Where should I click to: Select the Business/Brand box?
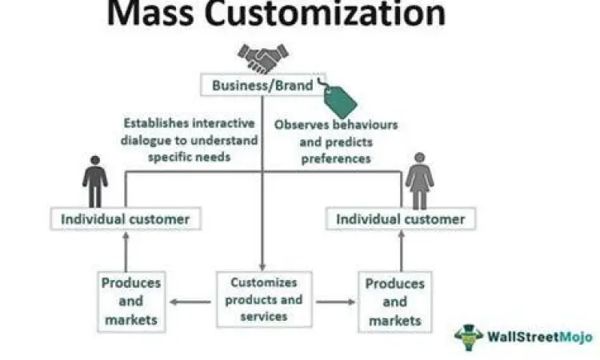262,85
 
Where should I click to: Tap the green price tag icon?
339,102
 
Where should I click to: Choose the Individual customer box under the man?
126,218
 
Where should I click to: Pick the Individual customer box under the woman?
400,218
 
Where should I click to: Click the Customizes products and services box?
263,299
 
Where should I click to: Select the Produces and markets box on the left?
130,302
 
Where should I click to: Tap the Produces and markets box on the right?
394,302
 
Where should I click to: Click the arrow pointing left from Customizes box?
186,302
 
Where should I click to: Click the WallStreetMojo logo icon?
468,337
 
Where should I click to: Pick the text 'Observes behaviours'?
336,126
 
